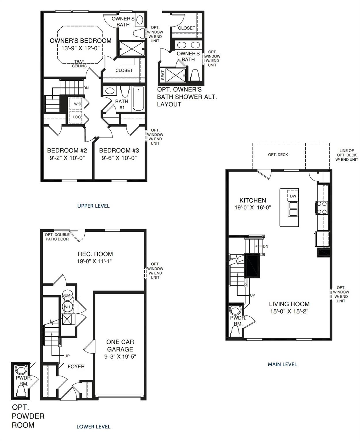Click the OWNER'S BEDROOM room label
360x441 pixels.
coord(80,41)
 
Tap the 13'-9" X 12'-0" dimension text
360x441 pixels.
coord(80,48)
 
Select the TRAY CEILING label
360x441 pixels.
coord(79,64)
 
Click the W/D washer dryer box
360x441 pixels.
coord(77,104)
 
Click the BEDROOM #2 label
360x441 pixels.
coord(67,150)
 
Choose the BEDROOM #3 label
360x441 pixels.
coord(119,150)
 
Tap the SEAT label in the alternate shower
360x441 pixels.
coord(163,75)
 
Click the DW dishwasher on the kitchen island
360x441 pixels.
coord(293,196)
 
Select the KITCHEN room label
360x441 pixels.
coord(253,200)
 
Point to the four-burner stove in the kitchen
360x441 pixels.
coord(322,208)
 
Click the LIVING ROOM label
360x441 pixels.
coord(289,304)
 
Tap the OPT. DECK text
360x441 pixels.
coord(278,155)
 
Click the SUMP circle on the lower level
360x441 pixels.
coord(68,295)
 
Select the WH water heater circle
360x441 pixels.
coord(67,307)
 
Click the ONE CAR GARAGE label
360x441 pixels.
coord(120,345)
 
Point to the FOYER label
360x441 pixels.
coord(76,367)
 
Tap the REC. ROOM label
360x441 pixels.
coord(95,254)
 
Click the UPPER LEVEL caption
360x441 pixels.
coord(93,206)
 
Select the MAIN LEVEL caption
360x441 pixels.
coord(282,364)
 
